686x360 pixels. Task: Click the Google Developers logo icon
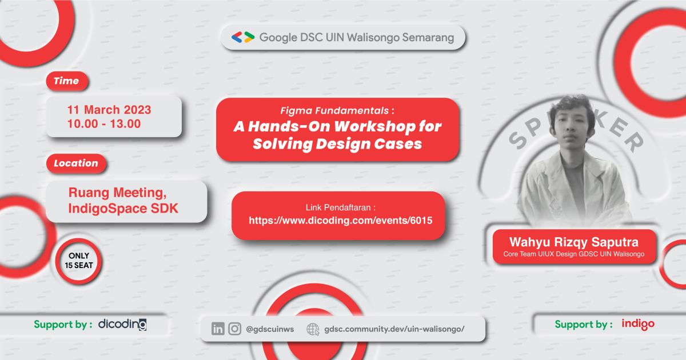(x=243, y=38)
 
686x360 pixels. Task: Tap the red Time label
(x=66, y=81)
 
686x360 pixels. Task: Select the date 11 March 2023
(x=109, y=110)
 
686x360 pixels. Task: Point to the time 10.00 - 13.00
(x=103, y=123)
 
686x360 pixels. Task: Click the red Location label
(x=75, y=163)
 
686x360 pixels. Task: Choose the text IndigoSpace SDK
(x=123, y=209)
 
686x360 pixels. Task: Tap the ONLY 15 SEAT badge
(x=79, y=261)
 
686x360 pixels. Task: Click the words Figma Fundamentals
(x=337, y=110)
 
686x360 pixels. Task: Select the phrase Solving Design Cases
(x=337, y=144)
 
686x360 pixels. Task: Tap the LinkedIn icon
(x=218, y=329)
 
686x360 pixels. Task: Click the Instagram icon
(x=234, y=329)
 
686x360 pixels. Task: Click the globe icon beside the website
(x=313, y=329)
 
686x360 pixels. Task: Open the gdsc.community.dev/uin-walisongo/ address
(x=394, y=329)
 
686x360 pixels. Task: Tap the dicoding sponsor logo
(x=122, y=325)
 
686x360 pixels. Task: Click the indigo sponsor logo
(x=637, y=324)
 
